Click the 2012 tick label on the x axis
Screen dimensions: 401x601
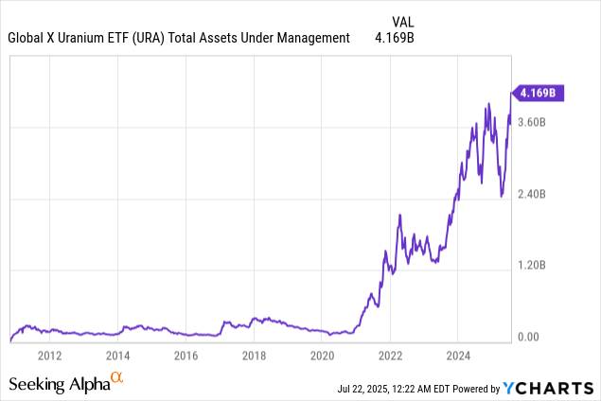49,356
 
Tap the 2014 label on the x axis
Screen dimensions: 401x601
117,356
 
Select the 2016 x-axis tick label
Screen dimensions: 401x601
186,356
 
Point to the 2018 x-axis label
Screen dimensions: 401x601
254,356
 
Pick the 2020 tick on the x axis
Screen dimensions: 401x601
322,356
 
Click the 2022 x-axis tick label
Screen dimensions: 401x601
390,356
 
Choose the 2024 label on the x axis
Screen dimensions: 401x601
458,356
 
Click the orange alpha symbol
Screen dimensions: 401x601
117,378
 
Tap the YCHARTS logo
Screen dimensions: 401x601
547,388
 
